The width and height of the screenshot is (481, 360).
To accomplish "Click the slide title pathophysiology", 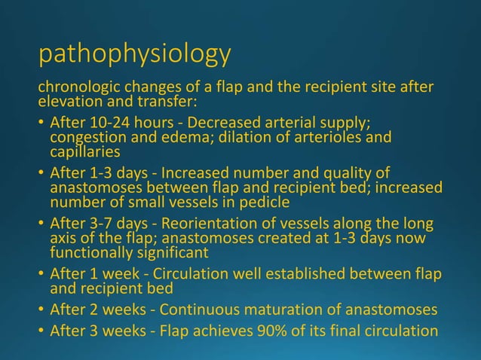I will point(134,54).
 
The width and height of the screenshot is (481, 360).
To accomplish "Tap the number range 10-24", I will point(101,122).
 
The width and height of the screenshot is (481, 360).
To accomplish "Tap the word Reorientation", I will point(198,224).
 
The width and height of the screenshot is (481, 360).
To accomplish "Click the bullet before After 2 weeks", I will point(41,307).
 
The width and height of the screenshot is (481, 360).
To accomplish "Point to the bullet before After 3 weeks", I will point(41,330).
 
